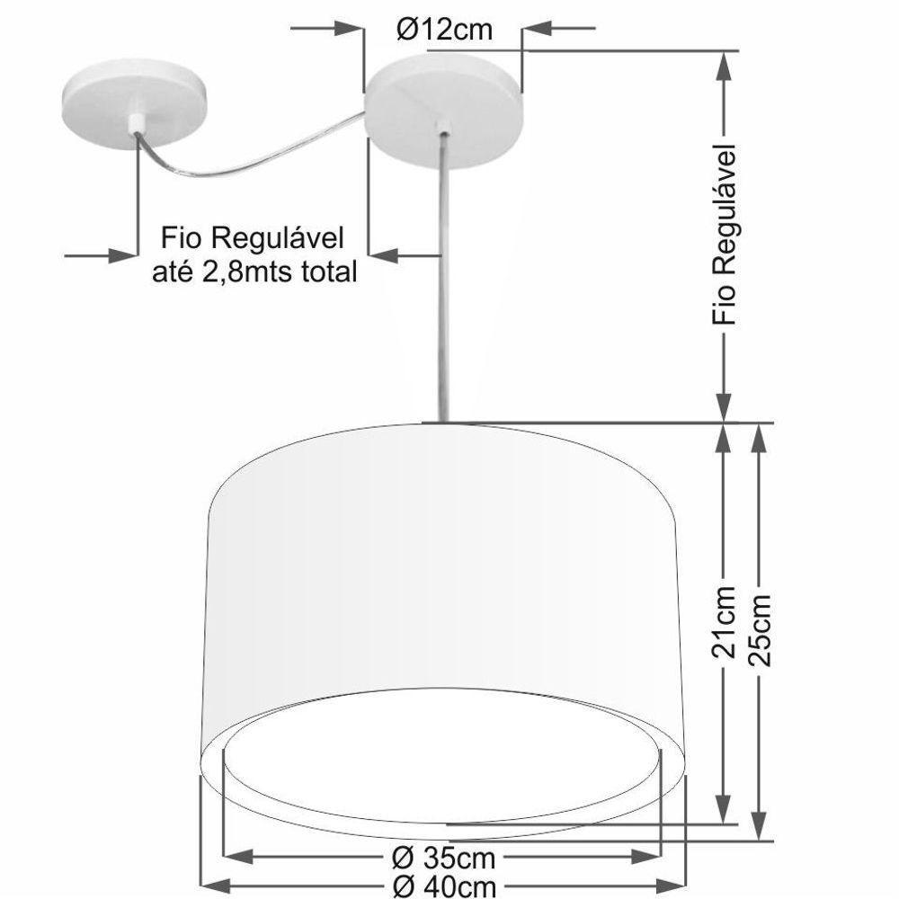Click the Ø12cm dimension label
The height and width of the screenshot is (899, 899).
444,30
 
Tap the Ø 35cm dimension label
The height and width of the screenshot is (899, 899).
444,855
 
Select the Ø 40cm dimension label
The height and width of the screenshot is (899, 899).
444,886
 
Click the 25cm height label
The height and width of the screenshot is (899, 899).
761,627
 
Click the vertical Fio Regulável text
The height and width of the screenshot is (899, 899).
724,234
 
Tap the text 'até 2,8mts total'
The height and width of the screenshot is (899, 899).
254,270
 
